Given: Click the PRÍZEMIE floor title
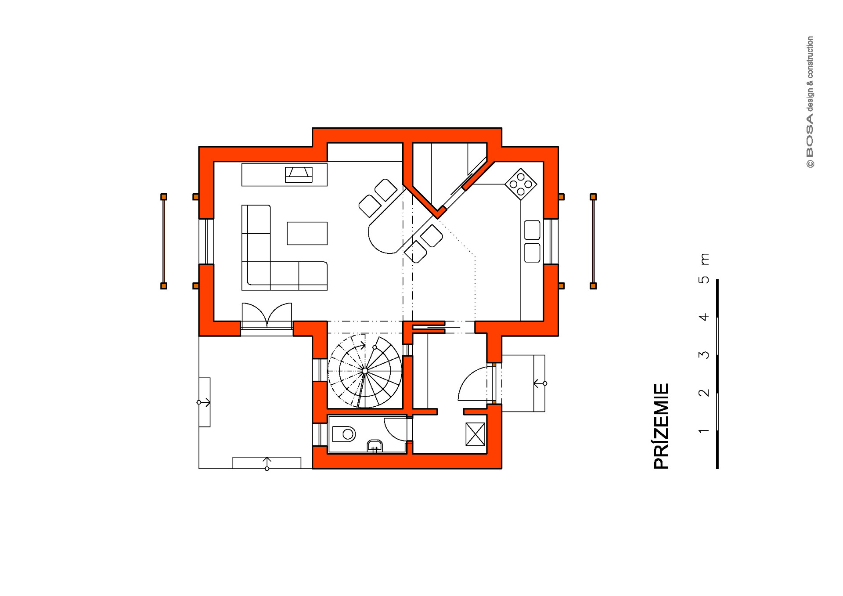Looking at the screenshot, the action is (661, 426).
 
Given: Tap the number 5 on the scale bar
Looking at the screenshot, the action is (703, 280).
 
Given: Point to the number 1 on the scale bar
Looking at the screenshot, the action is (703, 431).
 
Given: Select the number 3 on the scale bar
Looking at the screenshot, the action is (703, 355).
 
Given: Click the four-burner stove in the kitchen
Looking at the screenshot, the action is (521, 184).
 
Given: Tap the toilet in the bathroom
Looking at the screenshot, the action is (344, 434).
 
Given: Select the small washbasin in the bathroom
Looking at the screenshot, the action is (375, 446).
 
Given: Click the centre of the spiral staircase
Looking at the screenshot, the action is (365, 371).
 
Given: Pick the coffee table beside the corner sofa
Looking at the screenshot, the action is (307, 233).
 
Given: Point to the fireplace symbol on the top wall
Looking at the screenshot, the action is (299, 174).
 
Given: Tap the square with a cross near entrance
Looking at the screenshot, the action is (475, 434).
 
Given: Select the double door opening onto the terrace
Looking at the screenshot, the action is (267, 315).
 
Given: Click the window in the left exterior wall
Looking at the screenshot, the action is (206, 241).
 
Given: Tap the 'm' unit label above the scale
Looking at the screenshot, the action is (704, 259).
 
